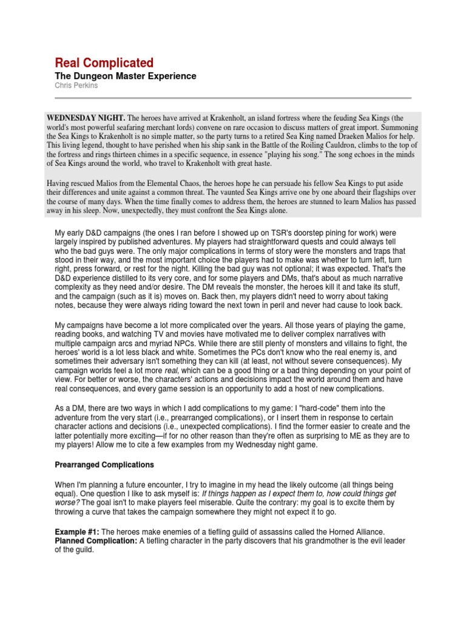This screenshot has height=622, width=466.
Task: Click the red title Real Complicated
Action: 104,63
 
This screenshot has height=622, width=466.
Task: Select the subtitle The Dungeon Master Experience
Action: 126,76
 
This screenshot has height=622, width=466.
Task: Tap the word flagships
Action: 349,193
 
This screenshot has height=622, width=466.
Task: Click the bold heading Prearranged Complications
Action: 104,465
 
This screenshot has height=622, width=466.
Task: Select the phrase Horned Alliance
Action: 354,531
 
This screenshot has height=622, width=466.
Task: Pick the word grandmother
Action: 299,541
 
